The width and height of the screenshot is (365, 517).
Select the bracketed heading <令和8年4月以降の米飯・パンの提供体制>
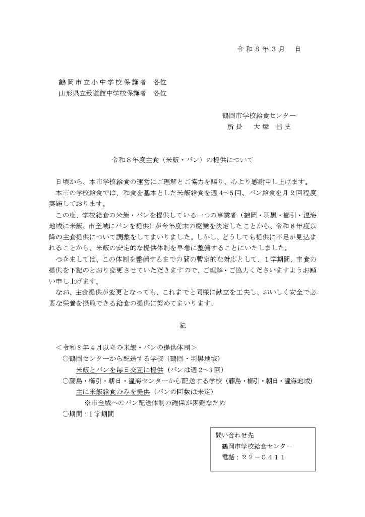coord(127,348)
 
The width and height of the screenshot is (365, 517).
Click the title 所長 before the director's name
coord(235,127)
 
